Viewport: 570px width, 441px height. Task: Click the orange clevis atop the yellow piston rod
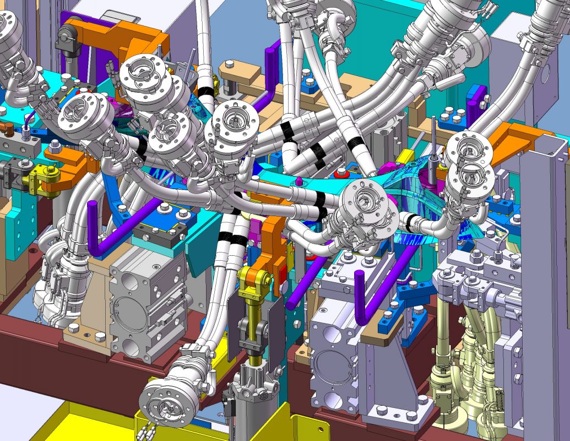click(254, 278)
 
